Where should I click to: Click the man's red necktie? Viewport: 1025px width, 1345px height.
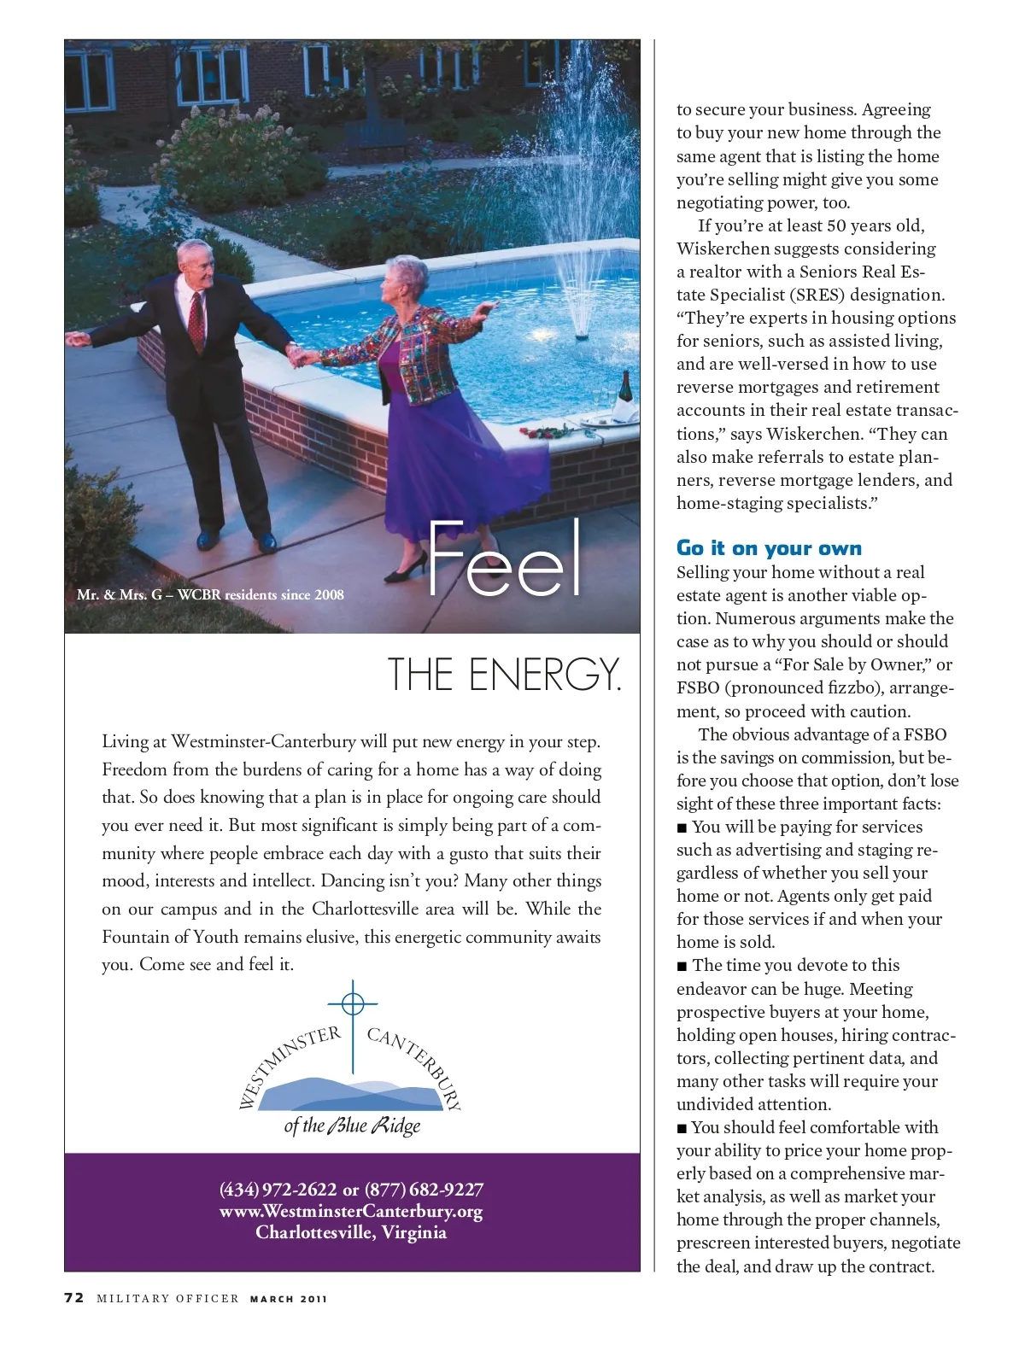tap(197, 320)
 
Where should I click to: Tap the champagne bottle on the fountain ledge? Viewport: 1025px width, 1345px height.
tap(624, 392)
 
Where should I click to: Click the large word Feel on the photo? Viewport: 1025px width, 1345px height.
tap(505, 559)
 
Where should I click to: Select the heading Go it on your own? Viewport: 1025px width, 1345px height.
tap(769, 548)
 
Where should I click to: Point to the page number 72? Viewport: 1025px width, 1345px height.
tap(74, 1298)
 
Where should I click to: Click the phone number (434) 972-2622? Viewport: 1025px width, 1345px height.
tap(278, 1190)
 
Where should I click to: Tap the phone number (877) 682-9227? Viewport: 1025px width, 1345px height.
tap(424, 1190)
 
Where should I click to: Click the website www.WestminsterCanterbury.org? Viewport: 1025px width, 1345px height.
tap(351, 1211)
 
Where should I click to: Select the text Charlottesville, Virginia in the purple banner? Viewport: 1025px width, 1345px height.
tap(351, 1232)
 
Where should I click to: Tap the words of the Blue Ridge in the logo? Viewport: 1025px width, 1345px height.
tap(352, 1126)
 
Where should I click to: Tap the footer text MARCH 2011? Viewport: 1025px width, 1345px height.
tap(289, 1299)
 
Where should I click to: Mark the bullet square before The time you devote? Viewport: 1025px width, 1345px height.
tap(682, 966)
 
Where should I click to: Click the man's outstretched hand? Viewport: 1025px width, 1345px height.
tap(77, 339)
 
